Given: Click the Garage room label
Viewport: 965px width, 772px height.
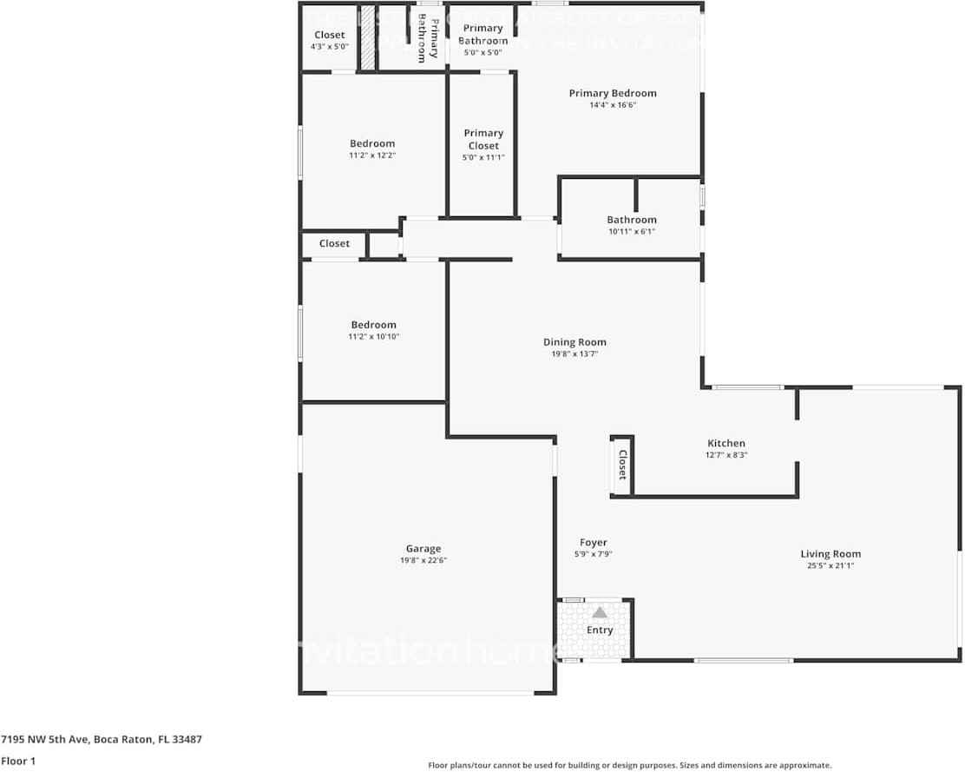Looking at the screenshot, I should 423,549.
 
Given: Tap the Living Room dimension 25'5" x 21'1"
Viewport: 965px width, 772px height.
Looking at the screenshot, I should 830,566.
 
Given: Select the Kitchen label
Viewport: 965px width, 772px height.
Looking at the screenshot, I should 726,444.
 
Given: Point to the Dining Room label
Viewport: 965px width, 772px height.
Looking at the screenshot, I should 574,342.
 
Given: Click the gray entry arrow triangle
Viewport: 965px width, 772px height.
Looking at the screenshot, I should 600,613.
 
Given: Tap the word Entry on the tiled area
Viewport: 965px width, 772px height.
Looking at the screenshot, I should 600,630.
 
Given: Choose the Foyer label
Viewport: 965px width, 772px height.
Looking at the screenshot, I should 594,543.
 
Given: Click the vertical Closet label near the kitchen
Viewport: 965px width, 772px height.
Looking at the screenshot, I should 622,465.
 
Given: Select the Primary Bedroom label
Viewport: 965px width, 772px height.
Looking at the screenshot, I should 613,93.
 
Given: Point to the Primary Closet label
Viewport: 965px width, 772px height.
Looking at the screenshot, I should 483,139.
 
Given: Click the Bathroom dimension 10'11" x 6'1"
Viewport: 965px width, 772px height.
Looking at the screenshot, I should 632,232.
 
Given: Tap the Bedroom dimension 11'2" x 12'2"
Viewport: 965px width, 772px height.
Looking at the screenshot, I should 372,155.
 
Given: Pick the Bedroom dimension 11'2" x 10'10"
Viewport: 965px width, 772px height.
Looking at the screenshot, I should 373,337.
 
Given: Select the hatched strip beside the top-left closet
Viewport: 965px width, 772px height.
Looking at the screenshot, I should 368,39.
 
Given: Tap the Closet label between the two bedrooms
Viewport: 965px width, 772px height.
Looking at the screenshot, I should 334,244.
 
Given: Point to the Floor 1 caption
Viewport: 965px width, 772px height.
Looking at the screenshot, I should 17,761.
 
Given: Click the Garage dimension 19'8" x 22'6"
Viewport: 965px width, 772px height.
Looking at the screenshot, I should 423,561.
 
